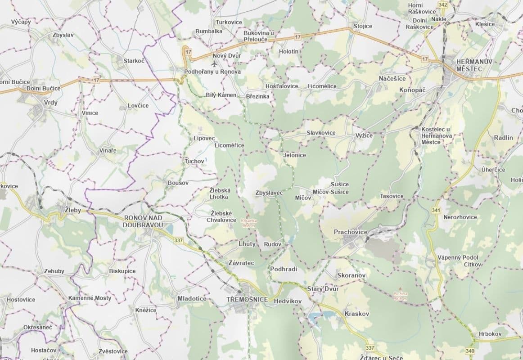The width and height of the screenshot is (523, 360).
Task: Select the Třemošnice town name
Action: (248, 300)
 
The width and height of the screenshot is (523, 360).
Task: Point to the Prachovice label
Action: (351, 232)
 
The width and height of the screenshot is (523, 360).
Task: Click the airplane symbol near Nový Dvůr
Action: (207, 63)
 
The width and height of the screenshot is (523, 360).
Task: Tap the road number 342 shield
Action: (443, 5)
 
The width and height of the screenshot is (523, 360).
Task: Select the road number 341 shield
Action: (436, 210)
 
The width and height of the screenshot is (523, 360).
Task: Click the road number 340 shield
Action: (471, 351)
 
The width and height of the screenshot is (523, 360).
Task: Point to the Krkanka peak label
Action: (248, 223)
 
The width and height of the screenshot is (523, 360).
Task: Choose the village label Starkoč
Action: (134, 60)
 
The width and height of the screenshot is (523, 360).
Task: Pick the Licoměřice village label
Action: (230, 145)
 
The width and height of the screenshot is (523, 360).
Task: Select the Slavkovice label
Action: (321, 133)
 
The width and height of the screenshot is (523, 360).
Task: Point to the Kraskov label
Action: (356, 313)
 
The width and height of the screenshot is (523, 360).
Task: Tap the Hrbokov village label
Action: (490, 334)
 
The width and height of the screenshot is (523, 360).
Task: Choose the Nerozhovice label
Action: (460, 217)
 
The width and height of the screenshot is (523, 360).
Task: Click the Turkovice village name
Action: (229, 22)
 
